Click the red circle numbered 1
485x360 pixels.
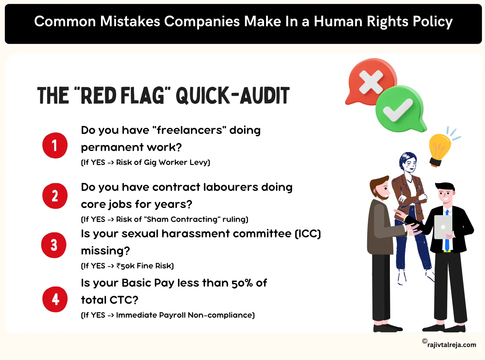click(x=55, y=145)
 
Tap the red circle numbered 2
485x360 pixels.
click(x=55, y=196)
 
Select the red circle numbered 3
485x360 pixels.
click(x=54, y=245)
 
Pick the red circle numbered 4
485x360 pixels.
click(x=55, y=300)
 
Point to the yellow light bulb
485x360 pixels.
click(x=439, y=149)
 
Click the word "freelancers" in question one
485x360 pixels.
click(x=189, y=130)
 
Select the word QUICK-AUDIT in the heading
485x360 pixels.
click(x=233, y=96)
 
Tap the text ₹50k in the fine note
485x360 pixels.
click(x=125, y=266)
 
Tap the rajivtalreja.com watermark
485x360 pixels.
click(x=451, y=345)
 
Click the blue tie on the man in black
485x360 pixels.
click(x=447, y=231)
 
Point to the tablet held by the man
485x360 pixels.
click(x=442, y=227)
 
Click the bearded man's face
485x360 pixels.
click(x=383, y=191)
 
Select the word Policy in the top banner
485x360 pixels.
click(x=433, y=22)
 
